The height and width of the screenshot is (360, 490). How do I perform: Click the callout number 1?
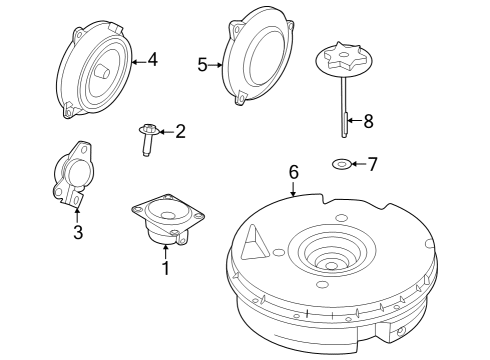click(x=165, y=267)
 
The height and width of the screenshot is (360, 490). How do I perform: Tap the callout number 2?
click(x=180, y=130)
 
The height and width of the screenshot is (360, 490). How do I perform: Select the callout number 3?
click(x=77, y=234)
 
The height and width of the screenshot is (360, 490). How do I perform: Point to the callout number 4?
click(x=152, y=59)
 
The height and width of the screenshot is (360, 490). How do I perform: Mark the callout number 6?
click(x=293, y=172)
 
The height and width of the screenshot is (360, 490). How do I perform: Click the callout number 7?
click(x=372, y=163)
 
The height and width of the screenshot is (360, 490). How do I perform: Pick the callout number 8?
click(x=367, y=121)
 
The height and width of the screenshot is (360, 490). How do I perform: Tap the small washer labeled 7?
click(x=340, y=163)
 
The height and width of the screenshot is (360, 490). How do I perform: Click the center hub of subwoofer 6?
click(x=331, y=263)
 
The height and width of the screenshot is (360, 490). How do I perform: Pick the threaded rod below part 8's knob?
click(x=344, y=110)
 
